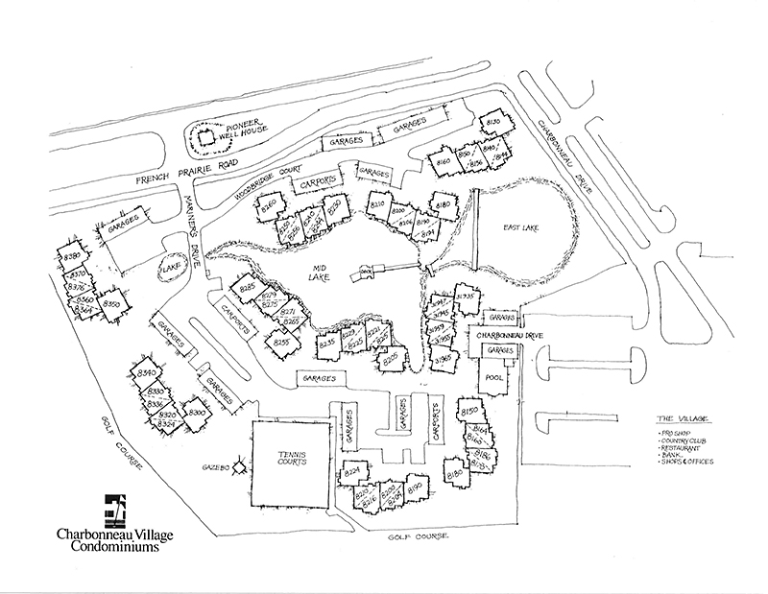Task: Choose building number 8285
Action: tap(246, 287)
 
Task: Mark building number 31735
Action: tap(467, 297)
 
